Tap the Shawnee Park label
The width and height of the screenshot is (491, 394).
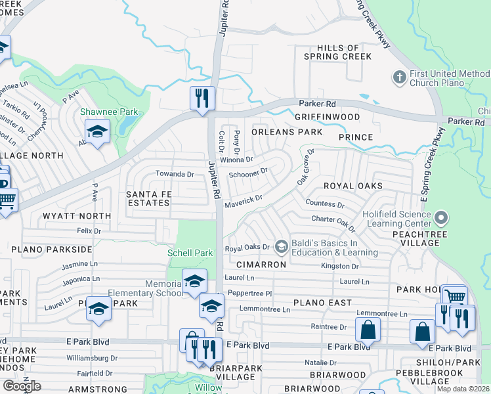109,112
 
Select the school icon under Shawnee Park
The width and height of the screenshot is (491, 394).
96,133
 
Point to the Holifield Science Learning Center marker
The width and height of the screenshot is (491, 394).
441,217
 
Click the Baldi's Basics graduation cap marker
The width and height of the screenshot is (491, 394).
282,246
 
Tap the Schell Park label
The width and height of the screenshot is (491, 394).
190,253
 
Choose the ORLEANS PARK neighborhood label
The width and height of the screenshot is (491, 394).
287,132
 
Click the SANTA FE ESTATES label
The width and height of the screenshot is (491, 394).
148,199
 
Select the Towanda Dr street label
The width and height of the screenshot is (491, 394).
175,174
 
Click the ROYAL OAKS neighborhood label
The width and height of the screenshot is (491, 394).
352,186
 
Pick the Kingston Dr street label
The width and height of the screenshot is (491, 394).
339,267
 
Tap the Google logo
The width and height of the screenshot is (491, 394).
21,386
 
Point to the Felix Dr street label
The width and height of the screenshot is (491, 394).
89,231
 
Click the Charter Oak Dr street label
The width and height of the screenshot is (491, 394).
333,223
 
